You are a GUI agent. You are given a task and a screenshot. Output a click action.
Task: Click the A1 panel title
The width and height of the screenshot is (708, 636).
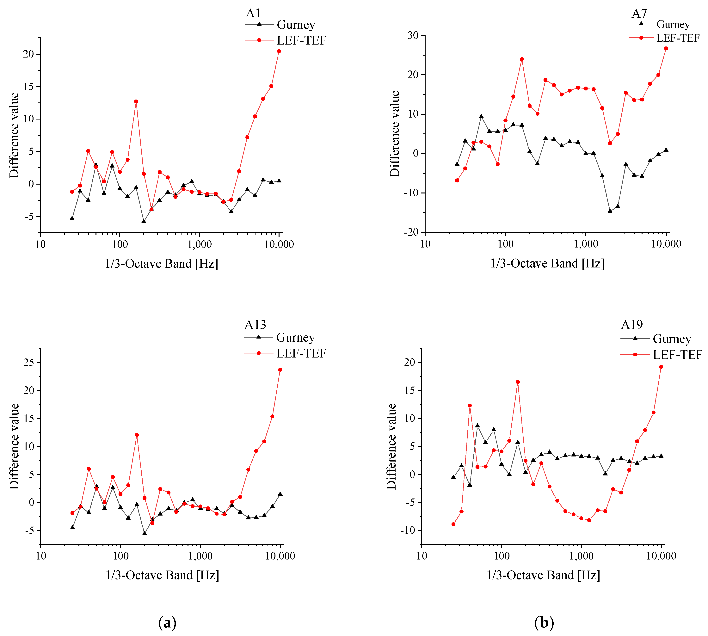tap(253, 13)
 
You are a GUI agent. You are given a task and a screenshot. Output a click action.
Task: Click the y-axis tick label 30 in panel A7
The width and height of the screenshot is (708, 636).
tap(413, 35)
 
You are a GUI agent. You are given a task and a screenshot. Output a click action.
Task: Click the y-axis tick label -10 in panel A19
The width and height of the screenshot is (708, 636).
tap(407, 530)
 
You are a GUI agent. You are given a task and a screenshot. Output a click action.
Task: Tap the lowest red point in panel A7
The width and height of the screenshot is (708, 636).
tap(457, 180)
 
